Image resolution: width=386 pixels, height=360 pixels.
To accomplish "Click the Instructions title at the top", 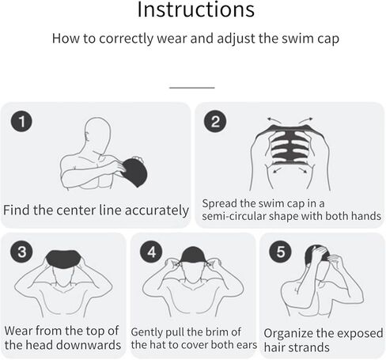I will tap(196, 10).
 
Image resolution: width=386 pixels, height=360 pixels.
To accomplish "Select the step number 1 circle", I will tap(21, 123).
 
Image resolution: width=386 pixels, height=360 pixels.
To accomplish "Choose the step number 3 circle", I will tap(21, 252).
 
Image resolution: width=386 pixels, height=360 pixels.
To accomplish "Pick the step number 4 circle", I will tap(151, 252).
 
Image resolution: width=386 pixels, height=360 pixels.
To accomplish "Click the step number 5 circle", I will tap(280, 252).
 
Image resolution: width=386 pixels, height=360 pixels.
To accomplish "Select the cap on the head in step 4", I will tap(193, 255).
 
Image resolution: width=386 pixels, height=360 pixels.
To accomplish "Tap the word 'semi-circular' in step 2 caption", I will tap(237, 216).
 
